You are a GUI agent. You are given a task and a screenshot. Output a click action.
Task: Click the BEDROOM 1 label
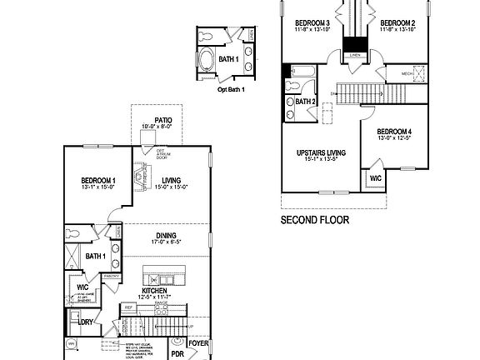pos(98,181)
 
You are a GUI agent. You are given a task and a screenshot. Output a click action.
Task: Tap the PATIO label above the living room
pos(162,121)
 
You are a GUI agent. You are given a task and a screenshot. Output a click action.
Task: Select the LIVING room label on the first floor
pos(172,180)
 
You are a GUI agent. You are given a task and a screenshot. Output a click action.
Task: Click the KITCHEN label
pos(152,291)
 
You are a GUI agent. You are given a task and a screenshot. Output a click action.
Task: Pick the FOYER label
pos(198,342)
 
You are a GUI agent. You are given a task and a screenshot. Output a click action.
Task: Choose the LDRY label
pos(86,321)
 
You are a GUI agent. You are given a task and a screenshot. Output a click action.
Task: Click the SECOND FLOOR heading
pos(315,220)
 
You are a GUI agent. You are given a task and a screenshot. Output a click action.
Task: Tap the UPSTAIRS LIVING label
pos(322,153)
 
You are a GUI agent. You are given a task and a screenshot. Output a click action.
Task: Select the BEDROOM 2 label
pos(397,22)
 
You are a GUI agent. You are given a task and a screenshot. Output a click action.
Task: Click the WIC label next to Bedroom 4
pos(376,177)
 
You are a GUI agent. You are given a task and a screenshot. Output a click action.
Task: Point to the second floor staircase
pos(358,92)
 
